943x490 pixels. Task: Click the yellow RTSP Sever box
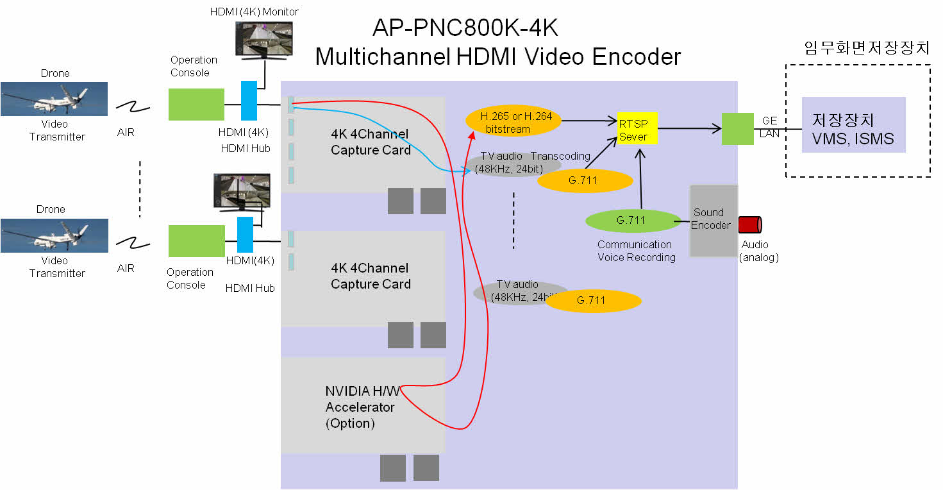point(637,128)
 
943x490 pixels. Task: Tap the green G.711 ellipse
point(633,221)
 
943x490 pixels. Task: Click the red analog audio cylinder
point(749,224)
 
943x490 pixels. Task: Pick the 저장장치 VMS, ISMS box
point(853,124)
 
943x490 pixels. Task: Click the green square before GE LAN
point(737,128)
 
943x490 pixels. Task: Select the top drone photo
point(54,99)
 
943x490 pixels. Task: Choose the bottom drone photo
point(54,235)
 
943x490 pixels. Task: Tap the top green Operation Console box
point(196,105)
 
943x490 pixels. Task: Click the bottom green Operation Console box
point(196,241)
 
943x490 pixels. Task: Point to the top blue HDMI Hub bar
point(249,101)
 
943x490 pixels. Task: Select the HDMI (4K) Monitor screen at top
point(263,39)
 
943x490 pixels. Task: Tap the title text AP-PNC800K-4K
point(465,29)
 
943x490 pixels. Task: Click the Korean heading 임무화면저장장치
point(866,48)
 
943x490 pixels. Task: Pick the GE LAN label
point(770,127)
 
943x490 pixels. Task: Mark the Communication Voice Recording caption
point(636,251)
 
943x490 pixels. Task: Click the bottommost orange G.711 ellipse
point(593,301)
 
